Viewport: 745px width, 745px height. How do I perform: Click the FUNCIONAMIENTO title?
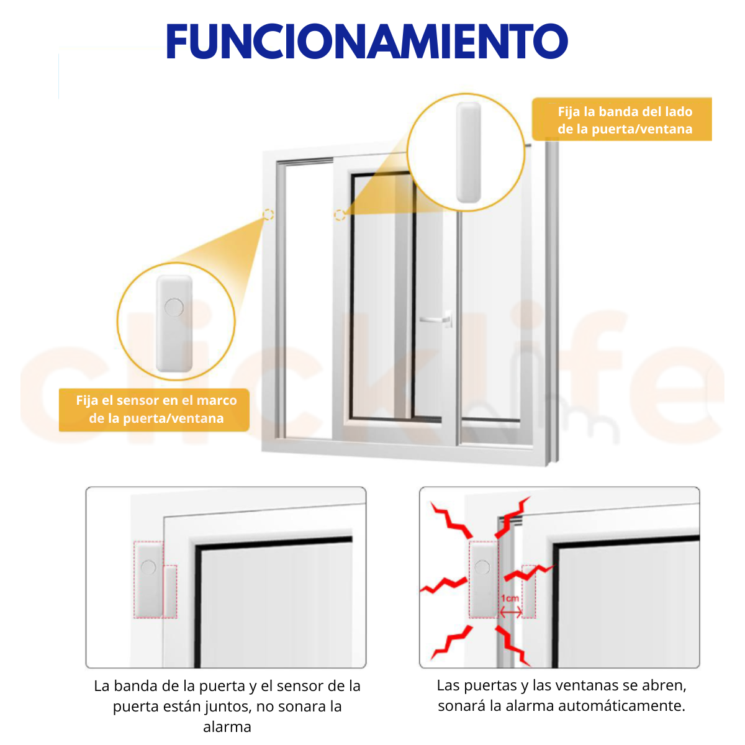(x=366, y=41)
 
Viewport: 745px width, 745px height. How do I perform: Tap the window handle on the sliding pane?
(x=436, y=319)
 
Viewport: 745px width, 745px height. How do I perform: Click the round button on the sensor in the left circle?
(x=174, y=307)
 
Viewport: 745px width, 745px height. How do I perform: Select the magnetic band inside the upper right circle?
(x=468, y=152)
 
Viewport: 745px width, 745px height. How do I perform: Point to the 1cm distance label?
(x=510, y=598)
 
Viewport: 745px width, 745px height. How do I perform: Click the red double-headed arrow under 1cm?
(x=511, y=612)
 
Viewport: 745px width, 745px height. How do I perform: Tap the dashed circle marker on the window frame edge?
(x=268, y=215)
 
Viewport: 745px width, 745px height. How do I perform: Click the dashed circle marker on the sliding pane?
(x=340, y=215)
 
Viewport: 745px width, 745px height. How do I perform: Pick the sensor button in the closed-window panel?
(x=148, y=567)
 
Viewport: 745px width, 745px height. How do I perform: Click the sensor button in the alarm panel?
(x=482, y=567)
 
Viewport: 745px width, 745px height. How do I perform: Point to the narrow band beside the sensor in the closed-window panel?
(x=170, y=592)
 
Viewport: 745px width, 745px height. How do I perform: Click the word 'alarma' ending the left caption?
(x=227, y=727)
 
